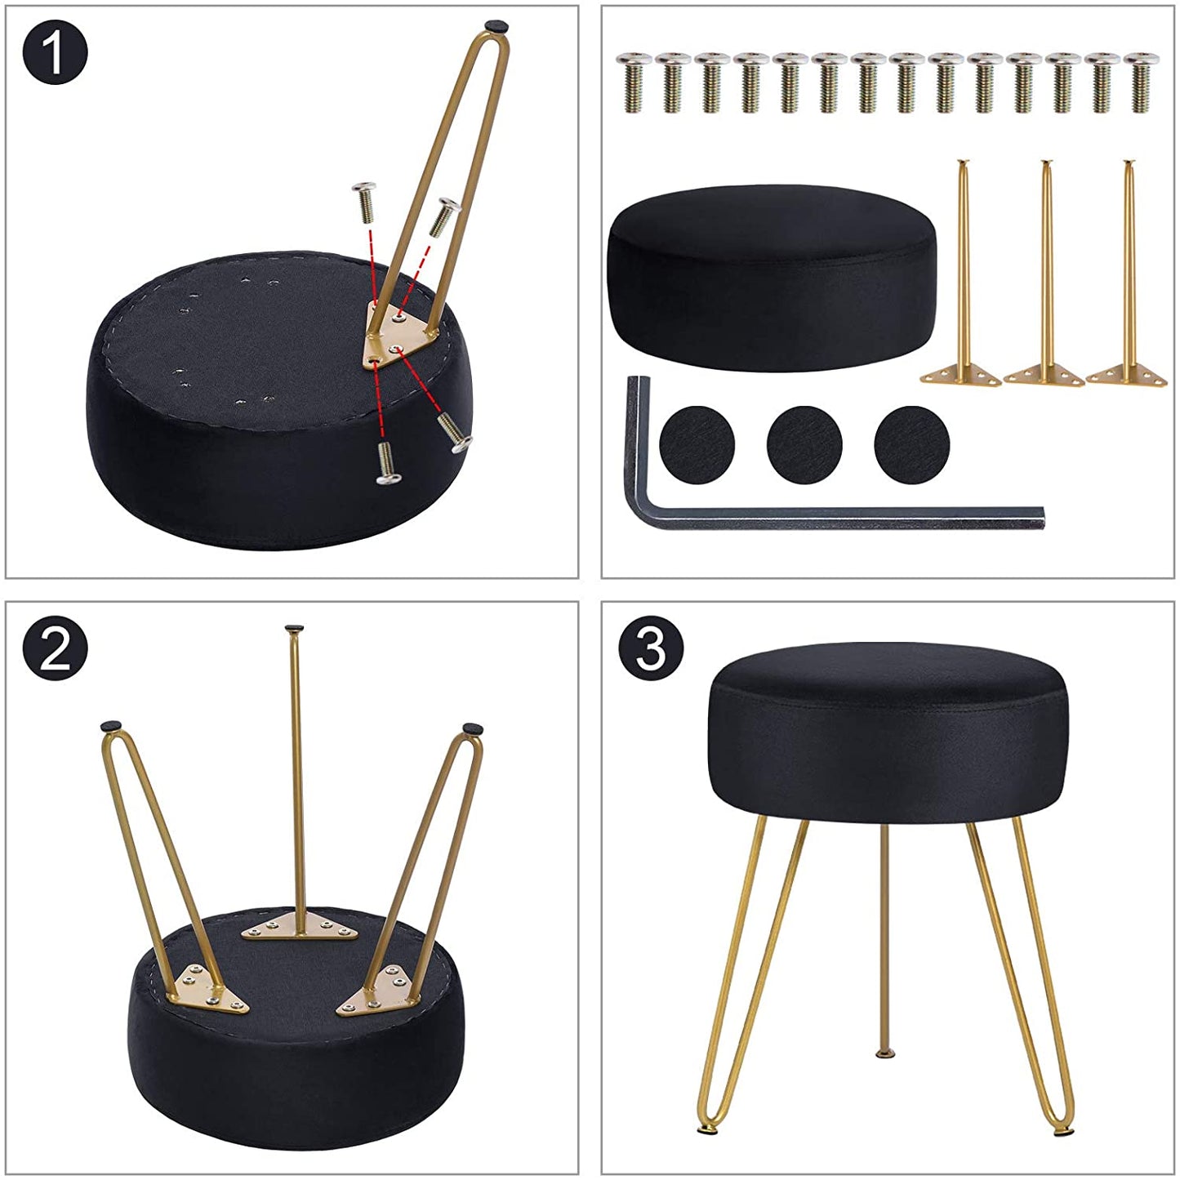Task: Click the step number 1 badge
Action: pos(55,52)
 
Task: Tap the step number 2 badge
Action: pos(55,648)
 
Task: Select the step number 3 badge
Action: pos(650,648)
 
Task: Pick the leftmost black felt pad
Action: pos(697,444)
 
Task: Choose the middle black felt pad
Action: pos(804,444)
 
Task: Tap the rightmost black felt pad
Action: pos(912,444)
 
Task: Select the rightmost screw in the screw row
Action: pos(1142,82)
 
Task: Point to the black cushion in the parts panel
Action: pos(771,278)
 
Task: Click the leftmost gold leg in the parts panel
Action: pos(962,273)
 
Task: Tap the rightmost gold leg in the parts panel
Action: pos(1128,273)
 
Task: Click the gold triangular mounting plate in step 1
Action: pos(400,336)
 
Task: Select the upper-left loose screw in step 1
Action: pos(366,202)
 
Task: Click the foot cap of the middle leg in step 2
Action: pos(295,628)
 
